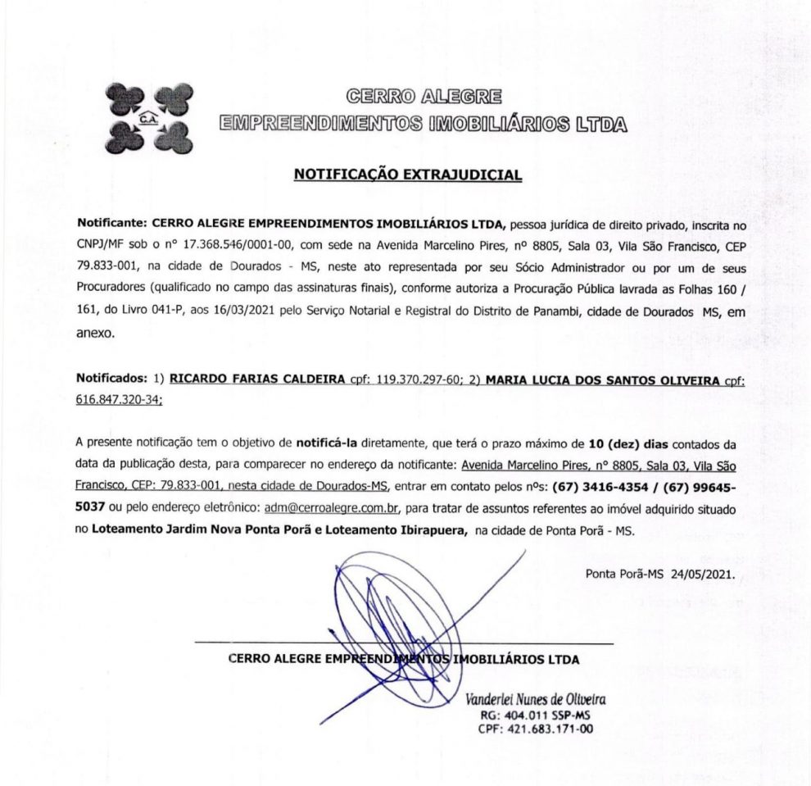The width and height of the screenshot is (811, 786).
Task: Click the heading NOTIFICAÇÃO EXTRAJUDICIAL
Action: tap(407, 174)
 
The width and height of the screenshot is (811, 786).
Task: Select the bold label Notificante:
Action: tap(111, 223)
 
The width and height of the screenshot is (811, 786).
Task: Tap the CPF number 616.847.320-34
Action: tap(118, 399)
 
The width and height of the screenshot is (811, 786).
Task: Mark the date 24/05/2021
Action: tap(706, 573)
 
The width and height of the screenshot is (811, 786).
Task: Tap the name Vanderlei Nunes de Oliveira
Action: tap(535, 700)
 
